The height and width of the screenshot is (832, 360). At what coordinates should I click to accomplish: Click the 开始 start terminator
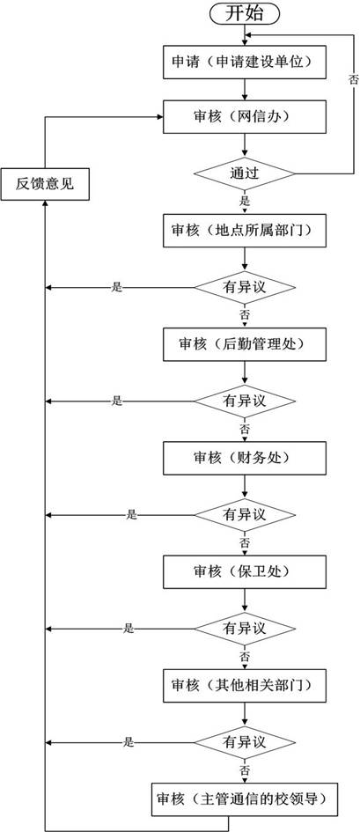tap(245, 13)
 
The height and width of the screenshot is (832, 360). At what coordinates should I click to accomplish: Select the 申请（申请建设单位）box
tap(245, 63)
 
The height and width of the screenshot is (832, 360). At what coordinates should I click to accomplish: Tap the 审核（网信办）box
tap(245, 117)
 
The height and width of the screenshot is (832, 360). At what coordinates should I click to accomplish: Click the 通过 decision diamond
tap(245, 173)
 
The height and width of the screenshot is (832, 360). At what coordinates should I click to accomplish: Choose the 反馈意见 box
tap(45, 184)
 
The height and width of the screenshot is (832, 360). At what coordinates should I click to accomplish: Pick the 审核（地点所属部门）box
tap(245, 231)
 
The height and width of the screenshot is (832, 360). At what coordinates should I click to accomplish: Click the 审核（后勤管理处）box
tap(245, 344)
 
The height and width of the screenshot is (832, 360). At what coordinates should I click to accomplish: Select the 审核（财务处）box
tap(245, 459)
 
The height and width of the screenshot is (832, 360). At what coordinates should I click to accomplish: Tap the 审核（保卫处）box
tap(245, 572)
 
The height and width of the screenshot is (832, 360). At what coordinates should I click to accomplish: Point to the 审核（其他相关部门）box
tap(245, 686)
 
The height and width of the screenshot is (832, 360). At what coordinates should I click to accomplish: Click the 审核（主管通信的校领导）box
tap(245, 799)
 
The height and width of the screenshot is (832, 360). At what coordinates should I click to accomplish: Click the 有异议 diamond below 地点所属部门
tap(245, 288)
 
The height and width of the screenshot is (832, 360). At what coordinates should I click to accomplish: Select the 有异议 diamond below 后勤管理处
tap(245, 401)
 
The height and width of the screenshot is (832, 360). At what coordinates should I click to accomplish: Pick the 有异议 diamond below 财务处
tap(245, 515)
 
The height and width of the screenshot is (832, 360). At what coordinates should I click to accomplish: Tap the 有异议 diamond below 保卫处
tap(245, 629)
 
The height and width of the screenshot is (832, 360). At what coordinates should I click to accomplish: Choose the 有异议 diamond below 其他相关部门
tap(245, 742)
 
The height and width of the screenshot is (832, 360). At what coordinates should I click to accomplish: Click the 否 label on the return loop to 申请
tap(353, 80)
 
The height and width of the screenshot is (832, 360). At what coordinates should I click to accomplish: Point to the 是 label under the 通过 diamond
tap(245, 202)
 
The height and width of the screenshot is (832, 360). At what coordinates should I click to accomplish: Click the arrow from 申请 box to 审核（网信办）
tap(245, 90)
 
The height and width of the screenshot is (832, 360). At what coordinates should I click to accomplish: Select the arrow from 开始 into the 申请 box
tap(245, 35)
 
